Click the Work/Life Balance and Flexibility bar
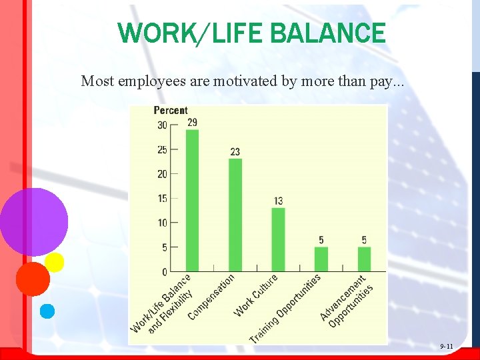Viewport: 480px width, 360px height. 192,200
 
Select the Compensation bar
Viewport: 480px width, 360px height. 235,215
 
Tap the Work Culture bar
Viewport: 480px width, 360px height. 278,239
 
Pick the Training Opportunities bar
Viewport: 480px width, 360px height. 321,259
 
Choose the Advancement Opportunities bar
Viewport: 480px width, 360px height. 364,259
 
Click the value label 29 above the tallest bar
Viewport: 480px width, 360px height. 192,123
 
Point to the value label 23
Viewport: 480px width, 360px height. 235,152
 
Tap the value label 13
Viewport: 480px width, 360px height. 278,201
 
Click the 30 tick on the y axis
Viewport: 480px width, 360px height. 163,125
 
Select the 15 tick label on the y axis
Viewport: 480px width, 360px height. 163,199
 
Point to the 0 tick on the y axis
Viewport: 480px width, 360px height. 165,272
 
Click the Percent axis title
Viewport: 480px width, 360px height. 171,111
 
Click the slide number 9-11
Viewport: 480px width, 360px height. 446,347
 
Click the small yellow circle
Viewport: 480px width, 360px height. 54,262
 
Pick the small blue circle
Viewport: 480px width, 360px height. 47,311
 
